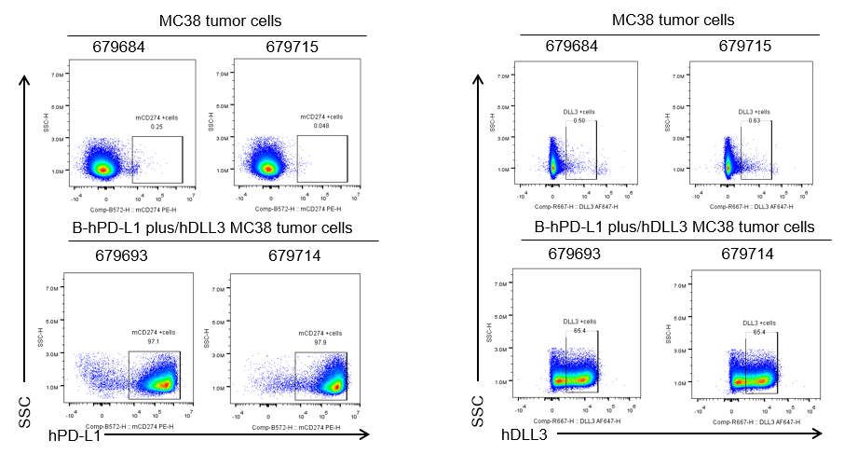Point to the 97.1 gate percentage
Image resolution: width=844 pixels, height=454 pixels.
[154, 342]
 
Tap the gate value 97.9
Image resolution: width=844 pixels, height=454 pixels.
[320, 342]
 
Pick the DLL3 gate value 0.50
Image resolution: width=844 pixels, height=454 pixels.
[579, 120]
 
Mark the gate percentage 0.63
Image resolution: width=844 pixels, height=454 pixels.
[756, 120]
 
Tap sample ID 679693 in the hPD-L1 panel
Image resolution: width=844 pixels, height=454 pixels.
[123, 255]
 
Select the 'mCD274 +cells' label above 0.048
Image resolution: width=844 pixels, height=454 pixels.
[321, 117]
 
